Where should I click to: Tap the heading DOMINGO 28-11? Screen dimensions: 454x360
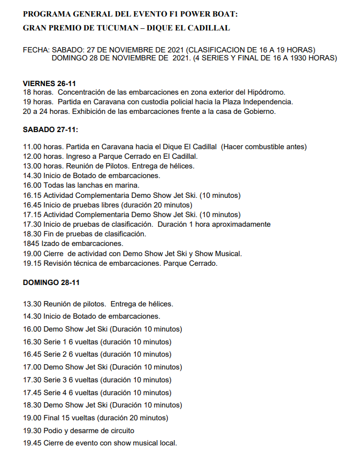[x=51, y=282]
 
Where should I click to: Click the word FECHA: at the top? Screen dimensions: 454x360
[x=36, y=50]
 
